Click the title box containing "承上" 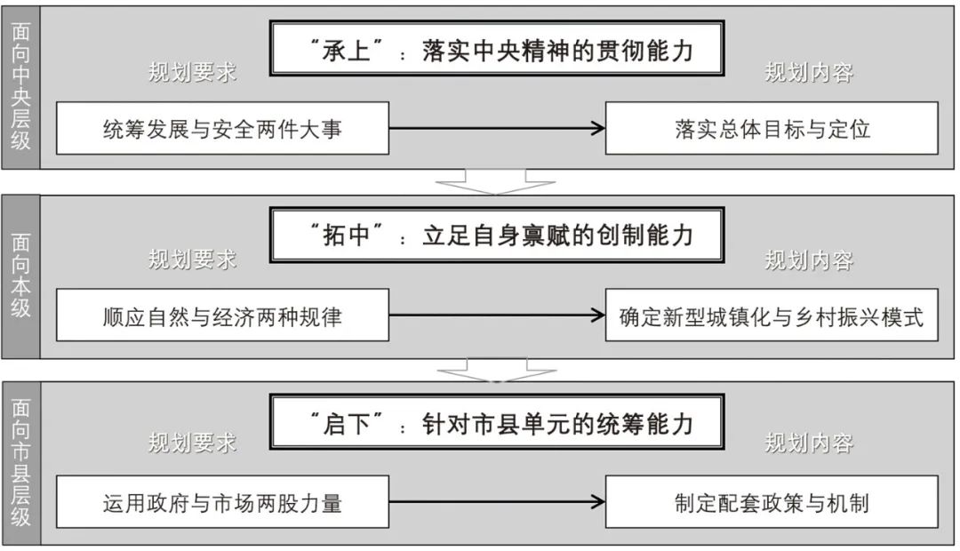point(498,50)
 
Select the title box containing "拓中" point(498,235)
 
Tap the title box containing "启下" point(498,423)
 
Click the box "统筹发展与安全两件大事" point(222,129)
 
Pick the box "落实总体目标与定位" point(772,129)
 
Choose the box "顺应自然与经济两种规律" point(222,315)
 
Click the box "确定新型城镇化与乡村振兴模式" point(772,315)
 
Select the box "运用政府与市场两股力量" point(222,502)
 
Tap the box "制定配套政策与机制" point(772,502)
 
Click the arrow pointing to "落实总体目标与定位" point(498,129)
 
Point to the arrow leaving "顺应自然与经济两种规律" point(498,315)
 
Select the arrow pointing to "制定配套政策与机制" point(498,502)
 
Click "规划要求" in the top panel point(192,73)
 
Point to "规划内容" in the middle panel point(809,260)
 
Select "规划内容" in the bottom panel point(809,443)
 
